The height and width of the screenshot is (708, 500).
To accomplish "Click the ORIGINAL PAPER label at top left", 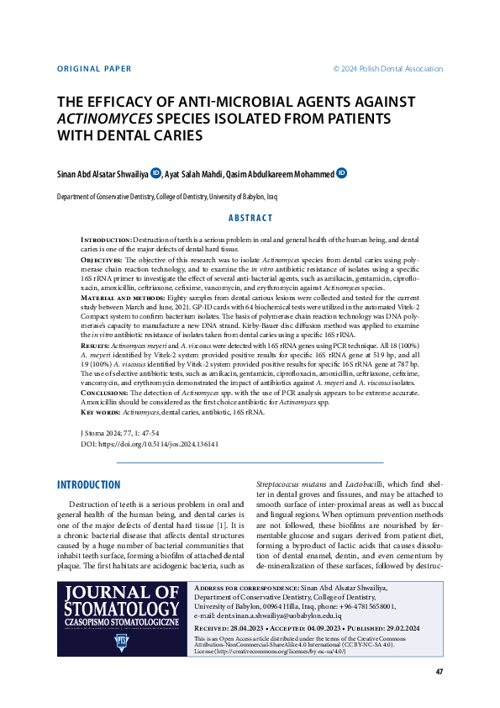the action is [94, 68].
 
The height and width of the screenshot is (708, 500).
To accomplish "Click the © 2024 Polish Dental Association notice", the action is [387, 68].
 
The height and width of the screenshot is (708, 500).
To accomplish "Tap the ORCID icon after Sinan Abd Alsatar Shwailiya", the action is [155, 173].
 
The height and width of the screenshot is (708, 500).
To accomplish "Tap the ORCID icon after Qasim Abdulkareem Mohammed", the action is [341, 173].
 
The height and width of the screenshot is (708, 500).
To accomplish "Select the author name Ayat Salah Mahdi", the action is [193, 174].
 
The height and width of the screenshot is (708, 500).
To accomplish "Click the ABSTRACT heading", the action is [250, 217].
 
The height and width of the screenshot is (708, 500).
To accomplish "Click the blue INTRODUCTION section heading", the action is [88, 485].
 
